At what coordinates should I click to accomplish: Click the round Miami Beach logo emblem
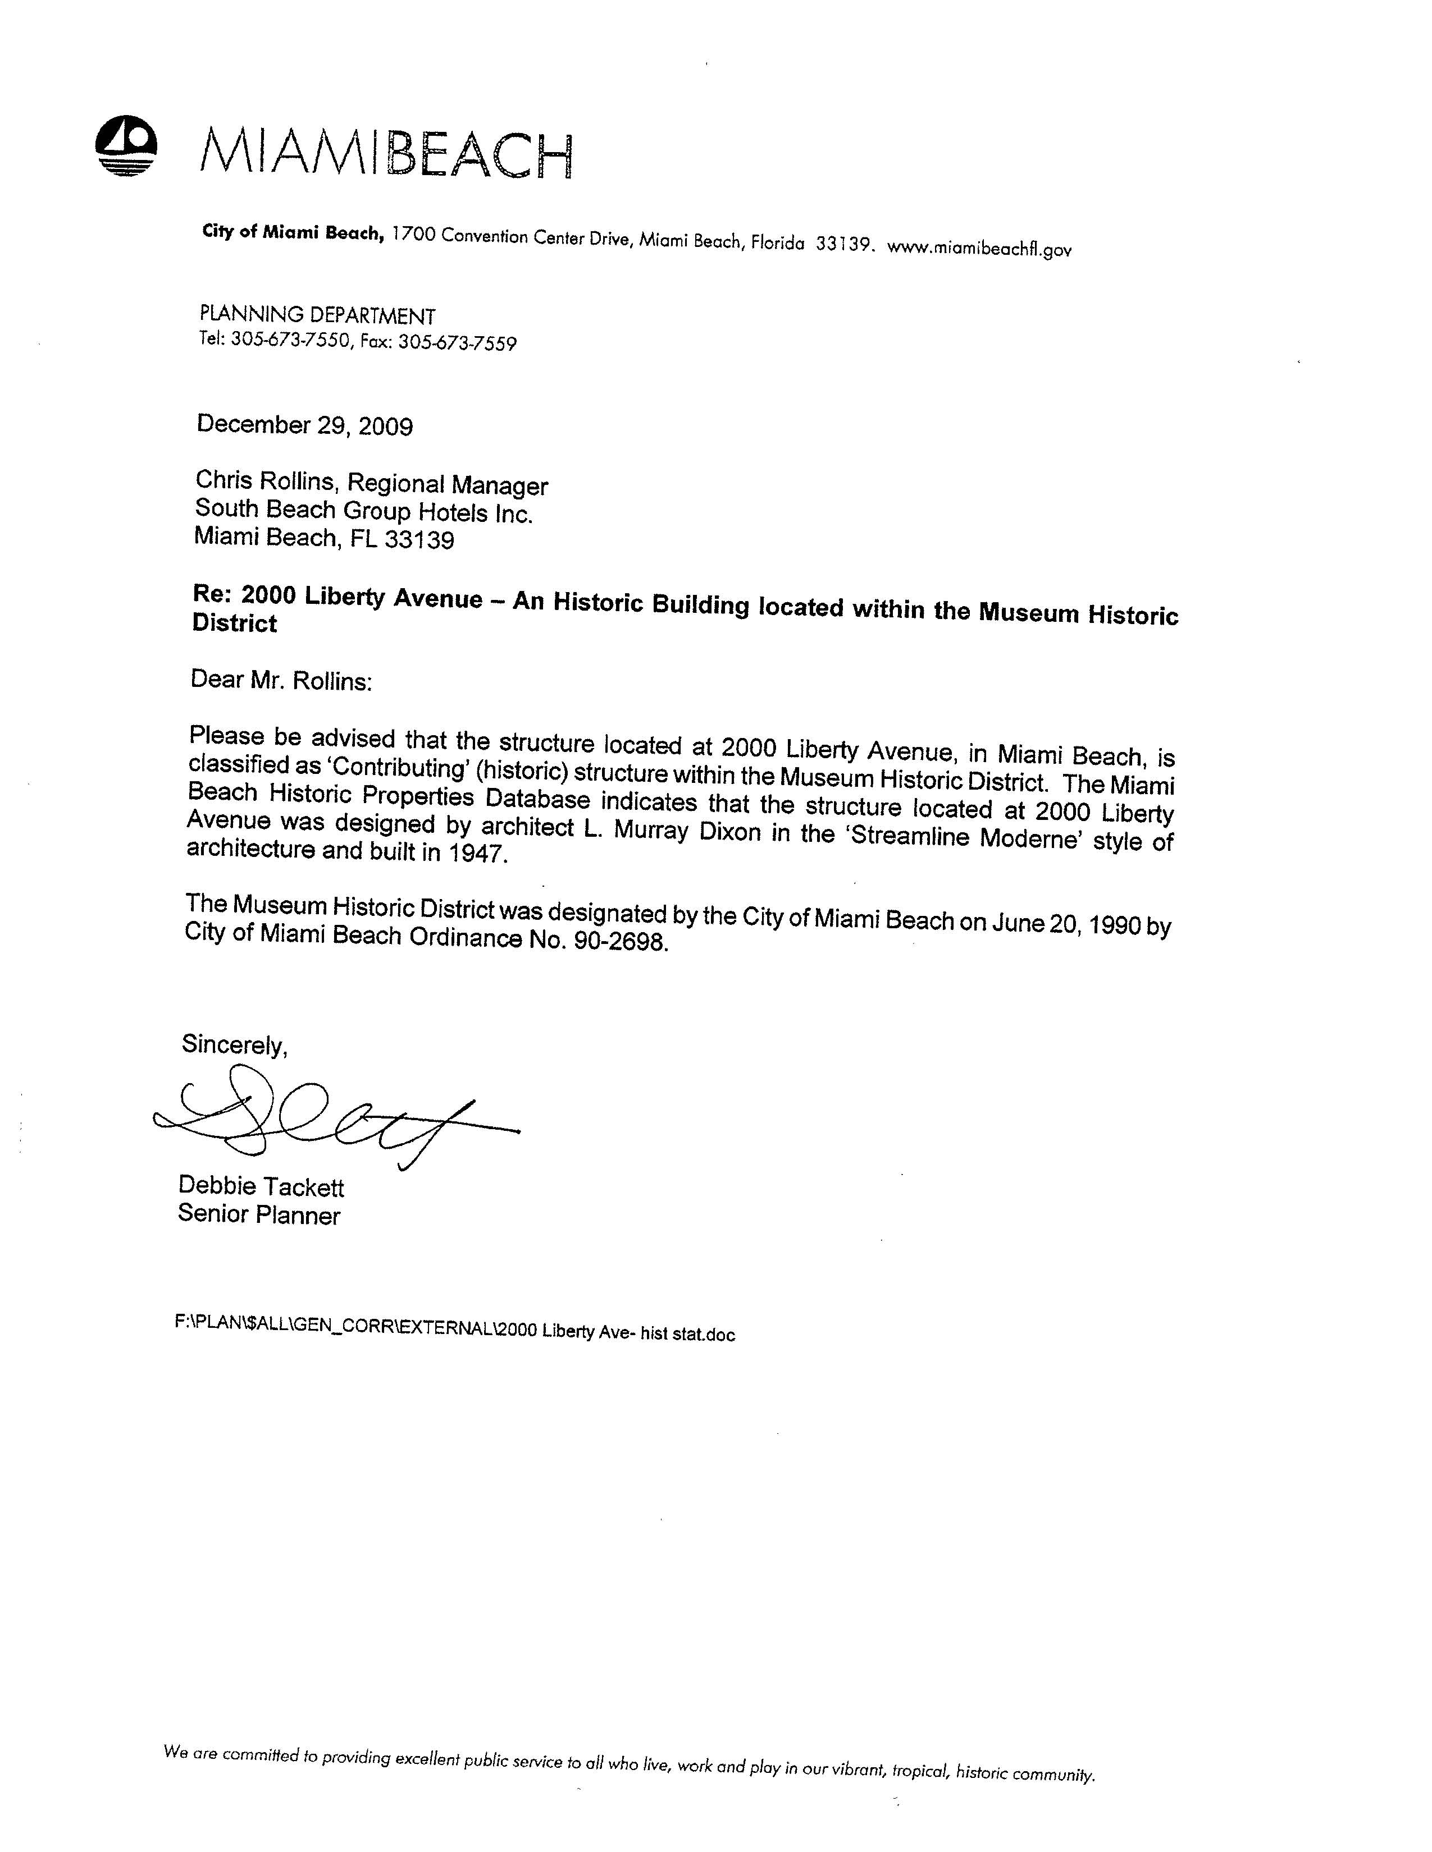pos(126,146)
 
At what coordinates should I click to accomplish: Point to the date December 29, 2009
pos(304,425)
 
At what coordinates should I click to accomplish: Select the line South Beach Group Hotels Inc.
pos(364,511)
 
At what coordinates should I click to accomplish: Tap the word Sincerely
pos(234,1045)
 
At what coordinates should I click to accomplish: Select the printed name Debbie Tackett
pos(261,1186)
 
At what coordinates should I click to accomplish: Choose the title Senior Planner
pos(259,1215)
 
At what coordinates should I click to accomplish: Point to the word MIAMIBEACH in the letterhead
pos(386,153)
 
